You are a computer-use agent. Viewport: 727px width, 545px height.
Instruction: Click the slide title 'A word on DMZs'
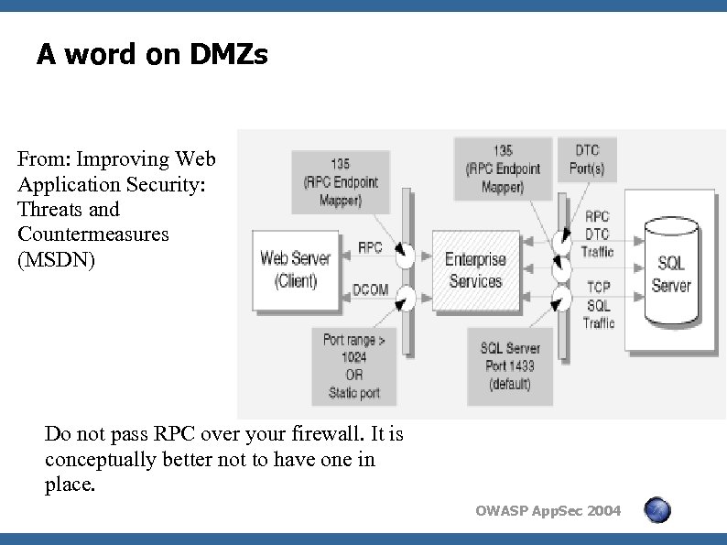(152, 56)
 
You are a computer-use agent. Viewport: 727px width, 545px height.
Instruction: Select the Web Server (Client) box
(295, 269)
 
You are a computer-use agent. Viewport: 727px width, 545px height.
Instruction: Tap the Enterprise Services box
(475, 270)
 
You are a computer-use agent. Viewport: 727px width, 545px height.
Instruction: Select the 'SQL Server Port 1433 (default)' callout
(510, 365)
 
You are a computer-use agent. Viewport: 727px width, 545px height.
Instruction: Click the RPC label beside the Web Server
(370, 247)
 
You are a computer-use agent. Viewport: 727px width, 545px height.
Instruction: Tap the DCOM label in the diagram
(370, 290)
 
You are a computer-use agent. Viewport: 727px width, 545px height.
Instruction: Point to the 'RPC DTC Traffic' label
(598, 234)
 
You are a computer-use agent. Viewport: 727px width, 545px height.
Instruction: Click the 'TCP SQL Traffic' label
(598, 305)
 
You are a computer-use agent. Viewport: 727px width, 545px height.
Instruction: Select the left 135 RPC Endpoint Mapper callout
(340, 181)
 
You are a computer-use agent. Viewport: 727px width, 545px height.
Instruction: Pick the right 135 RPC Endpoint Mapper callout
(503, 169)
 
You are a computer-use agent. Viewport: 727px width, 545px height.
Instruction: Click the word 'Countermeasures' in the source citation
(93, 234)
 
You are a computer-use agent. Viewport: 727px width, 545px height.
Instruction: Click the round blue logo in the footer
(656, 510)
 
